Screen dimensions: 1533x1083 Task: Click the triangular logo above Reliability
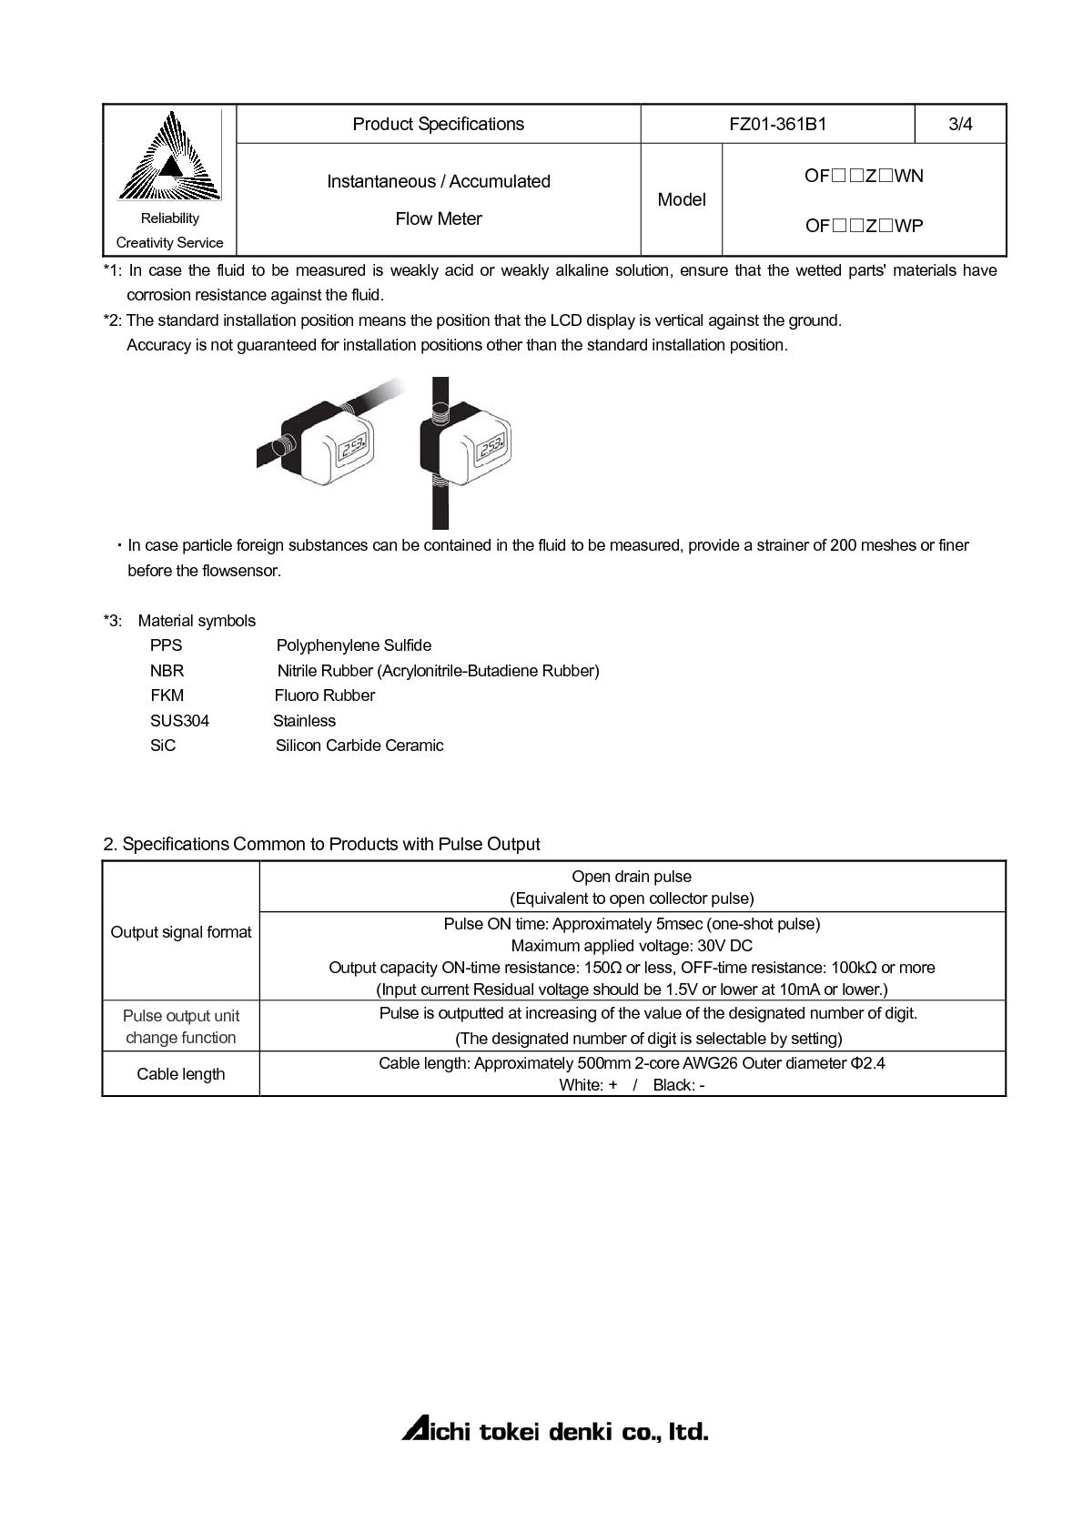(170, 157)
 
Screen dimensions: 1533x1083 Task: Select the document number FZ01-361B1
(777, 124)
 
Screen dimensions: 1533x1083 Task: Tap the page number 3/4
(960, 124)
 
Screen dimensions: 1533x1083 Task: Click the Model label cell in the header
(681, 199)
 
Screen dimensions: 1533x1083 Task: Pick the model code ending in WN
(864, 176)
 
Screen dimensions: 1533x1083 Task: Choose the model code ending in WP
(864, 226)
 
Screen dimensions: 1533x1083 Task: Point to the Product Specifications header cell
(438, 124)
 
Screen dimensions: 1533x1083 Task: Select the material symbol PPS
(166, 645)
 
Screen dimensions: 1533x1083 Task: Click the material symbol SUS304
(179, 721)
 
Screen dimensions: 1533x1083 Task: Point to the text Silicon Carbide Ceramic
(359, 746)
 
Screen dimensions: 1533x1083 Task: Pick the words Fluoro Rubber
(324, 695)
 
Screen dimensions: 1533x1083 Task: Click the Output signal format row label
(181, 931)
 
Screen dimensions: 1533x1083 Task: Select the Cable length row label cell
(181, 1074)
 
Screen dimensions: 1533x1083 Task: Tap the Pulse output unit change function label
(181, 1026)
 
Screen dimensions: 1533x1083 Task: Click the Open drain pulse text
(632, 877)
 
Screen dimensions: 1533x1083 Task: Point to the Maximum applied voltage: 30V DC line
(632, 946)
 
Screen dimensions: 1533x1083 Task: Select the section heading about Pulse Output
(321, 844)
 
